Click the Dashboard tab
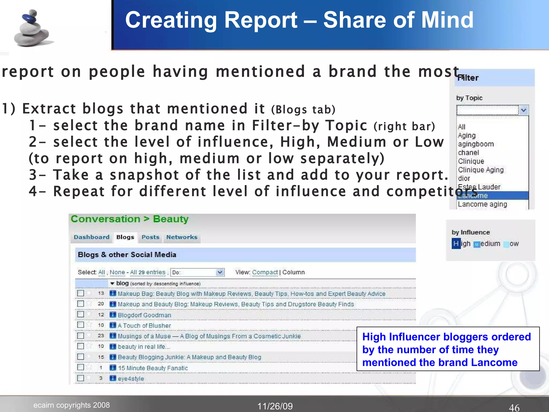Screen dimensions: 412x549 click(x=91, y=237)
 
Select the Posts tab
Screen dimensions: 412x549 click(x=150, y=237)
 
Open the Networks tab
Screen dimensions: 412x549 click(x=182, y=237)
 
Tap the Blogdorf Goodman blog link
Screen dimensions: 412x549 click(x=144, y=315)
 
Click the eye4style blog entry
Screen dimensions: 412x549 click(x=131, y=378)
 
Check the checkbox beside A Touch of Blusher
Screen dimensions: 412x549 click(x=80, y=325)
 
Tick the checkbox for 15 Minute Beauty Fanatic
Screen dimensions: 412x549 click(x=80, y=367)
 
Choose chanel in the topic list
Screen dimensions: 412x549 click(x=468, y=153)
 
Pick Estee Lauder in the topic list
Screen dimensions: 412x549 click(x=479, y=187)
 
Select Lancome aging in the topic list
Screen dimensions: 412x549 click(x=482, y=204)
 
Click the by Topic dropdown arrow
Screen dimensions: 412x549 click(x=524, y=110)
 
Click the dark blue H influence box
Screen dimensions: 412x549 click(x=456, y=244)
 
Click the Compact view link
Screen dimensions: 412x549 click(x=265, y=272)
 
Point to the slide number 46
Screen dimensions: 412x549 click(x=514, y=407)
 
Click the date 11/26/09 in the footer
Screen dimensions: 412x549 click(x=275, y=406)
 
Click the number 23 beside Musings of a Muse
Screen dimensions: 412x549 click(x=101, y=336)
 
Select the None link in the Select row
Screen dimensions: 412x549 click(x=117, y=272)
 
